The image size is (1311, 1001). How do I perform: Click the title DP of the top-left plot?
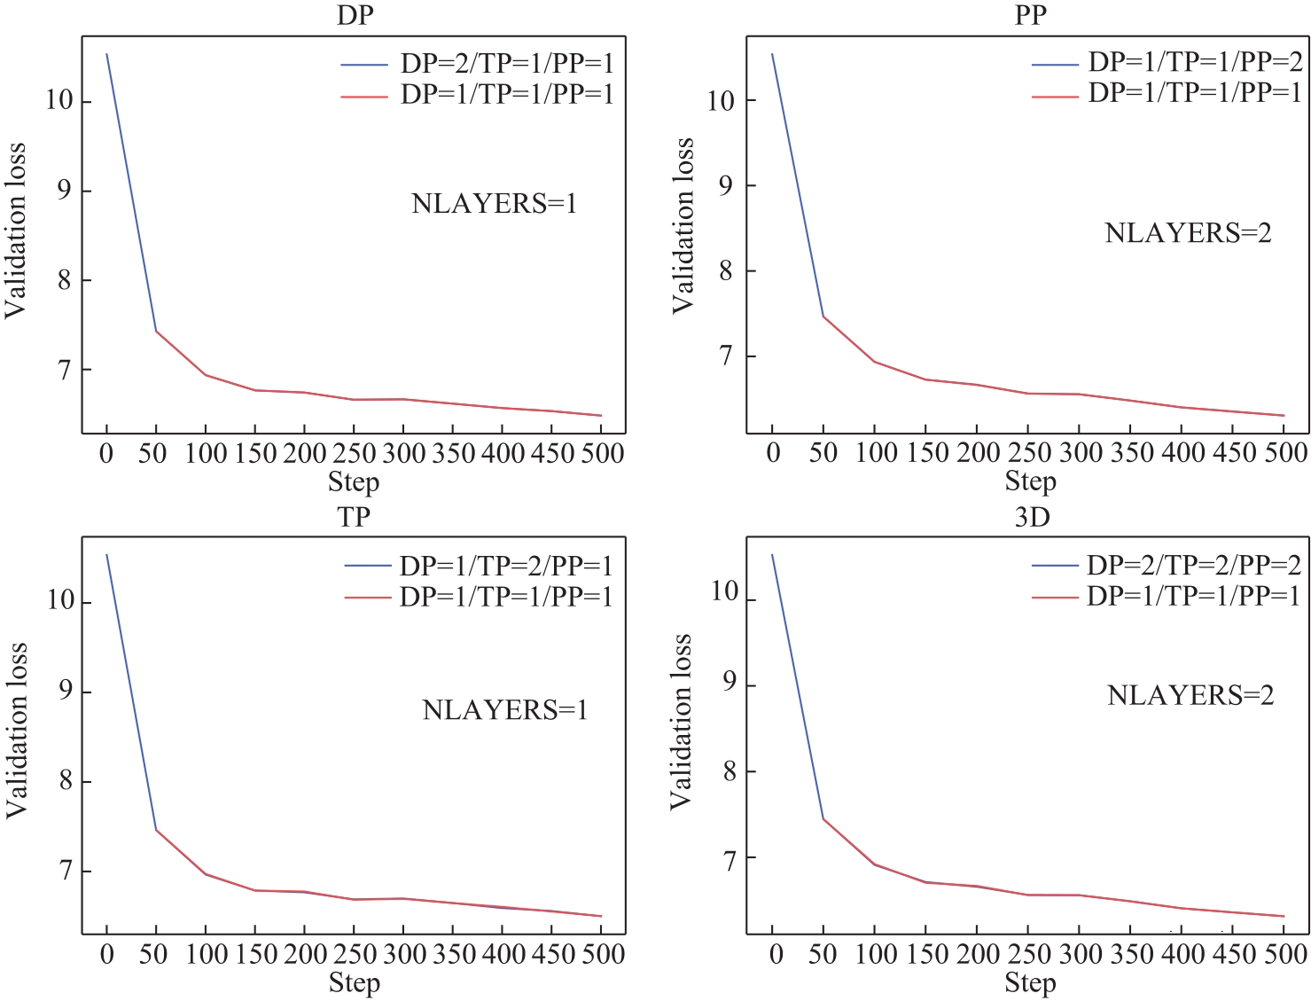pyautogui.click(x=355, y=16)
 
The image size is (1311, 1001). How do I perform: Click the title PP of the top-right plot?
pyautogui.click(x=1030, y=16)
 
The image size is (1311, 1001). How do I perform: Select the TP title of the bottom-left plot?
pyautogui.click(x=354, y=517)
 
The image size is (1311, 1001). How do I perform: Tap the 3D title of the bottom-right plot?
pyautogui.click(x=1032, y=517)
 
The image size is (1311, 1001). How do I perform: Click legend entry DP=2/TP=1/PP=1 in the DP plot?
pyautogui.click(x=507, y=63)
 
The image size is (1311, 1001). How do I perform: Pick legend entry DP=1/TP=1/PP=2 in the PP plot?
pyautogui.click(x=1195, y=61)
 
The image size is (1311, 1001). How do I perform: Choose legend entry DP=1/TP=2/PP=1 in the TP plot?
pyautogui.click(x=506, y=566)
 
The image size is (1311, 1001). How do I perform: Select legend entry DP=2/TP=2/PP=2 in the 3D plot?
pyautogui.click(x=1194, y=565)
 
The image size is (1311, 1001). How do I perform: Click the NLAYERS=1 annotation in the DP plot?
pyautogui.click(x=494, y=204)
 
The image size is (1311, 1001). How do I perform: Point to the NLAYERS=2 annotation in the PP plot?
pyautogui.click(x=1188, y=233)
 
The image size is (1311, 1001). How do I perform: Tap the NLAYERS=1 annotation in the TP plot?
pyautogui.click(x=504, y=709)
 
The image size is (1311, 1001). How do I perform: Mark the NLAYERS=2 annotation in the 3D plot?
pyautogui.click(x=1190, y=695)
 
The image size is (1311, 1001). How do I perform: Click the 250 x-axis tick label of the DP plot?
pyautogui.click(x=355, y=454)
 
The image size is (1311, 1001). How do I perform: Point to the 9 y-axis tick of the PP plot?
pyautogui.click(x=726, y=185)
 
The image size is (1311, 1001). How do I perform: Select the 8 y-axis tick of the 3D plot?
pyautogui.click(x=730, y=771)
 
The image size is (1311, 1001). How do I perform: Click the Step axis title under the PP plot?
pyautogui.click(x=1030, y=481)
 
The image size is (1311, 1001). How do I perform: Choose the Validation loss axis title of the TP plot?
pyautogui.click(x=16, y=731)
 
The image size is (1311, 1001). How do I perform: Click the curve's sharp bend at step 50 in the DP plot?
pyautogui.click(x=156, y=331)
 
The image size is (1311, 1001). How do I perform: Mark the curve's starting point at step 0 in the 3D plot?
pyautogui.click(x=772, y=554)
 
